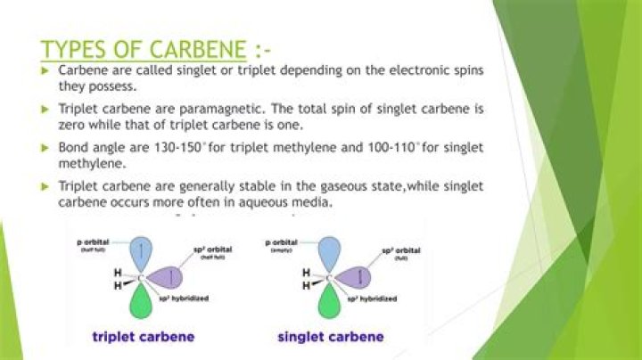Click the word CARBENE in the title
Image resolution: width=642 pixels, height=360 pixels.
(x=195, y=46)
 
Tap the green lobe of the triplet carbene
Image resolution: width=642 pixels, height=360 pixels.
(x=140, y=303)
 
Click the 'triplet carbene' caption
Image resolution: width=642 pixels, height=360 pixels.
(x=148, y=337)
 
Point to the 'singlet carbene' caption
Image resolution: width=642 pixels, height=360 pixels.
(x=331, y=337)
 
